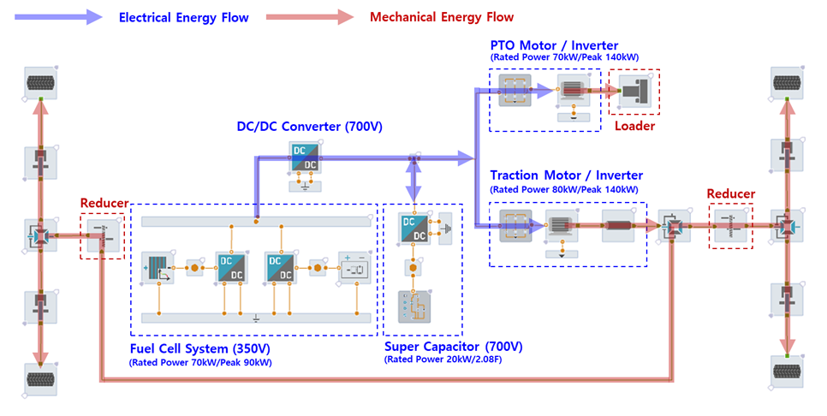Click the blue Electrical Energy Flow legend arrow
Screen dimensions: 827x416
[58, 17]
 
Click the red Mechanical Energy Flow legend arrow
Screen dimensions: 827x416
[310, 17]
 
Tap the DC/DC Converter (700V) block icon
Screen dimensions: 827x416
[305, 157]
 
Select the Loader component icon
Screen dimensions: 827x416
[634, 92]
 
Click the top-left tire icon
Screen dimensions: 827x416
[40, 82]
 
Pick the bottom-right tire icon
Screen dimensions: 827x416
[787, 371]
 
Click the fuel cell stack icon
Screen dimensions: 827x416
[158, 268]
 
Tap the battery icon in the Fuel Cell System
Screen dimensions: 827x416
[354, 268]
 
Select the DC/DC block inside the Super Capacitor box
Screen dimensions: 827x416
[414, 229]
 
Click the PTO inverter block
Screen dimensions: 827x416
[515, 90]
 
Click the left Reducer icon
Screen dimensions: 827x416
[103, 235]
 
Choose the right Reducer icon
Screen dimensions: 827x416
[730, 226]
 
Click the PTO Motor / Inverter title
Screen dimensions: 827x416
[554, 45]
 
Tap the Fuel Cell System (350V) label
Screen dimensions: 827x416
[199, 348]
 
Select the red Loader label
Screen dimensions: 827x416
[634, 126]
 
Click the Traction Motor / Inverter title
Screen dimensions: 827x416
[567, 175]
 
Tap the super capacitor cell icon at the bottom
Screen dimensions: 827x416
[414, 306]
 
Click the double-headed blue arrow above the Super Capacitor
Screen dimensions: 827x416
[414, 181]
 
